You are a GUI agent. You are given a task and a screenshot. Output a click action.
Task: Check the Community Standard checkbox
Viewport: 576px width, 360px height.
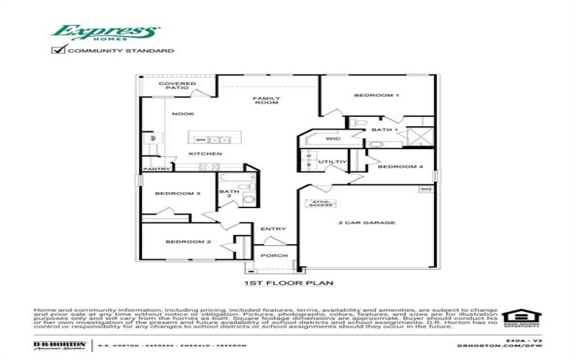(x=58, y=51)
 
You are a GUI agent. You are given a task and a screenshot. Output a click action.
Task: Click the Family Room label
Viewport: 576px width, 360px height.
(x=266, y=100)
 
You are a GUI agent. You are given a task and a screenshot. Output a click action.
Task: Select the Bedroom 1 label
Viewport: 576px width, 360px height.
(x=377, y=95)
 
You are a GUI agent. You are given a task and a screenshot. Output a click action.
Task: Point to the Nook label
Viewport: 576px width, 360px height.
(x=182, y=114)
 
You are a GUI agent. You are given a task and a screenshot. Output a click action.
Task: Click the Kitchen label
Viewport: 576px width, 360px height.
(x=205, y=154)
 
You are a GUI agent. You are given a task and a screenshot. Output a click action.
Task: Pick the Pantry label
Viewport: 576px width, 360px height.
(x=156, y=169)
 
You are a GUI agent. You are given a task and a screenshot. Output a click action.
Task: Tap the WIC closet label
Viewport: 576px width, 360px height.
(x=333, y=138)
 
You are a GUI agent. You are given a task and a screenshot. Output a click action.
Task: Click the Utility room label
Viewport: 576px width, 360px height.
(x=333, y=162)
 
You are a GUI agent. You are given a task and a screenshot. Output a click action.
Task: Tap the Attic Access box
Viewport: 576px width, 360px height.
(x=320, y=203)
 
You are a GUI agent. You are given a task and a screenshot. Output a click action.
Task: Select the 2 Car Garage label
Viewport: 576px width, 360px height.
(x=366, y=223)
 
